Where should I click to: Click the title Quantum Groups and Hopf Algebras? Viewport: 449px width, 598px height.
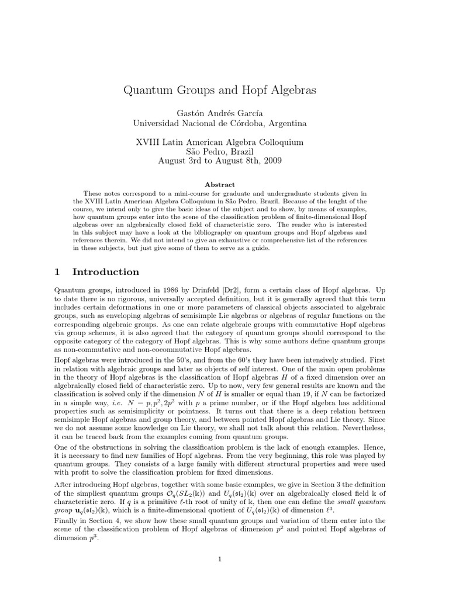click(219, 91)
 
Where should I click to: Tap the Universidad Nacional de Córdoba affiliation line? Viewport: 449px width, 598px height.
click(219, 123)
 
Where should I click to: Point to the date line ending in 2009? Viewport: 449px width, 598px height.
click(219, 161)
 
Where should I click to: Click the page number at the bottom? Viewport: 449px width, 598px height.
click(219, 559)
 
